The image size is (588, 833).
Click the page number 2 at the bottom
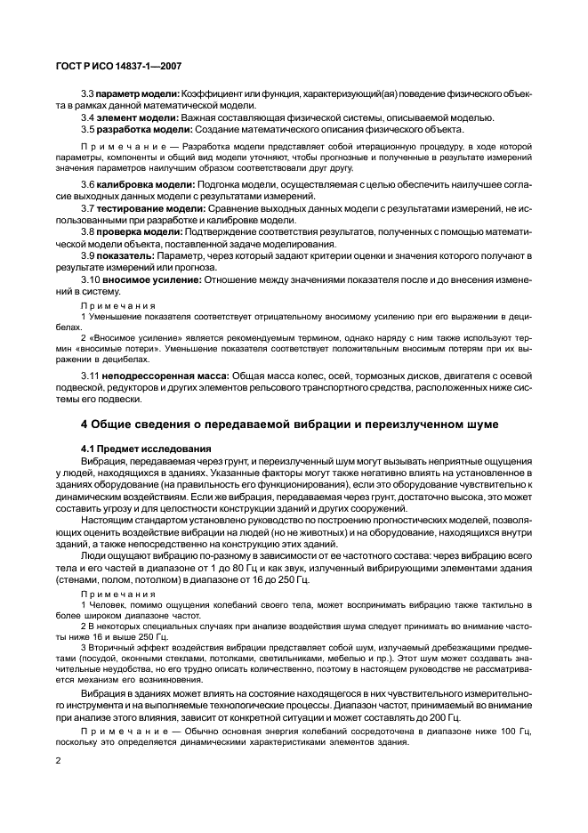[x=58, y=760]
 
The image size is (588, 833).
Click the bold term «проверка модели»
[x=134, y=230]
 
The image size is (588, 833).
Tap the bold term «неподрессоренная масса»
[x=165, y=376]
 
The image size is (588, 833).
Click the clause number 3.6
[x=88, y=184]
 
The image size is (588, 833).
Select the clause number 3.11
[x=91, y=376]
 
